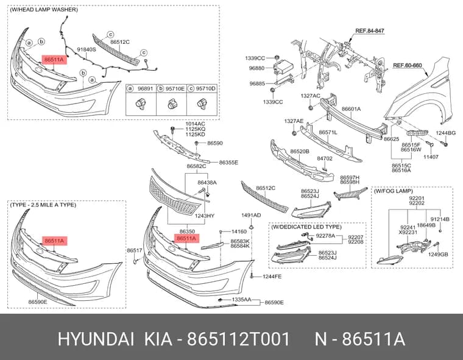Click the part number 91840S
[x=87, y=49]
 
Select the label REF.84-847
[x=370, y=30]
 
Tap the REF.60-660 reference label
[x=408, y=65]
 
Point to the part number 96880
[x=256, y=68]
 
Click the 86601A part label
[x=351, y=109]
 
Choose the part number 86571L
[x=328, y=133]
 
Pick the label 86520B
[x=300, y=152]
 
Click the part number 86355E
[x=228, y=163]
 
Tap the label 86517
[x=135, y=250]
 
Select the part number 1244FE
[x=272, y=277]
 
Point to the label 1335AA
[x=241, y=300]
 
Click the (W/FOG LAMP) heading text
[x=394, y=191]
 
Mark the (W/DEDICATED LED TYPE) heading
[x=306, y=227]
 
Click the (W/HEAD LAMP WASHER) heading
[x=44, y=10]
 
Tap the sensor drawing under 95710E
[x=172, y=104]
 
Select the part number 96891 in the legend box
[x=145, y=88]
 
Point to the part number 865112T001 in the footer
[x=239, y=339]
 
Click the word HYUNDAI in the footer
[x=96, y=339]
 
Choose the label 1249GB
[x=438, y=254]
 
